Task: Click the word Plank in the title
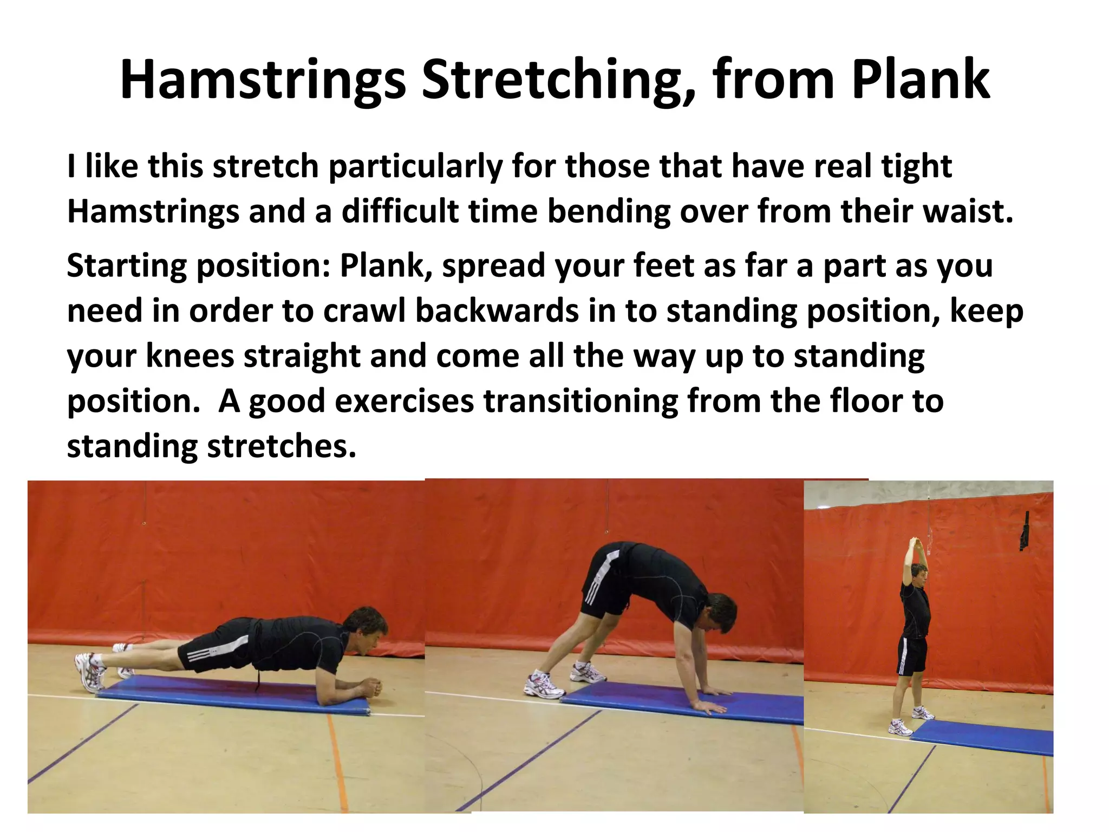[921, 80]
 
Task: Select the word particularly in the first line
[416, 166]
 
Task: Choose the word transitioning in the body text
[580, 401]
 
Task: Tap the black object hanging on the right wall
[1025, 533]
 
